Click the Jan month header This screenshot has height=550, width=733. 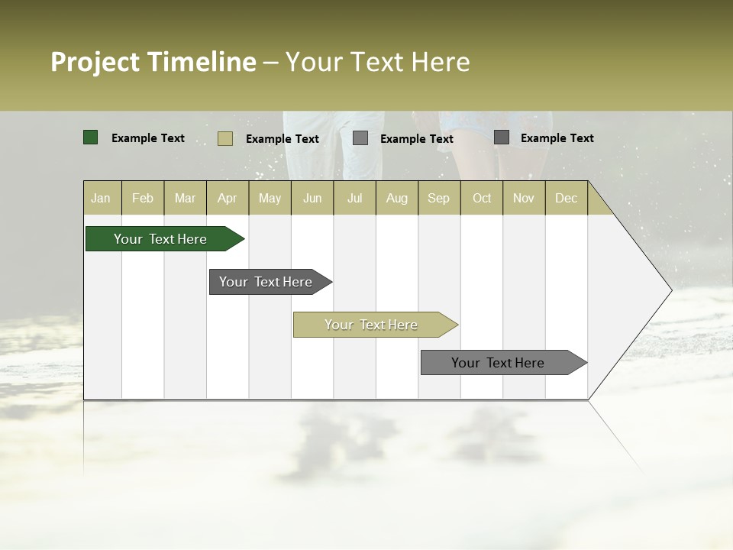click(x=101, y=198)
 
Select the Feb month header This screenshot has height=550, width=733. click(x=143, y=198)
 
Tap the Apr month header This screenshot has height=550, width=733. click(x=227, y=198)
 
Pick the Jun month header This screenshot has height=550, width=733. click(x=312, y=198)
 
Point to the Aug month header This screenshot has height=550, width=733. click(x=396, y=198)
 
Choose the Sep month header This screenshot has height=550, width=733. click(x=438, y=198)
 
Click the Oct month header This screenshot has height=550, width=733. click(x=482, y=198)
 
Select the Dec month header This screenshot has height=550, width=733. click(x=566, y=198)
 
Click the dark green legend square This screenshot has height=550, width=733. click(x=91, y=137)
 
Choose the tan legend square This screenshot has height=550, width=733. click(x=225, y=138)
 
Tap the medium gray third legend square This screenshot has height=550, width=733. click(x=360, y=138)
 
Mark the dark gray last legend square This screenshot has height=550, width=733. click(x=502, y=137)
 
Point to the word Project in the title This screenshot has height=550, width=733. click(x=95, y=62)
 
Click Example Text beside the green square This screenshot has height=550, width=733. click(x=148, y=138)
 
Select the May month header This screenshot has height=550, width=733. click(x=270, y=198)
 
